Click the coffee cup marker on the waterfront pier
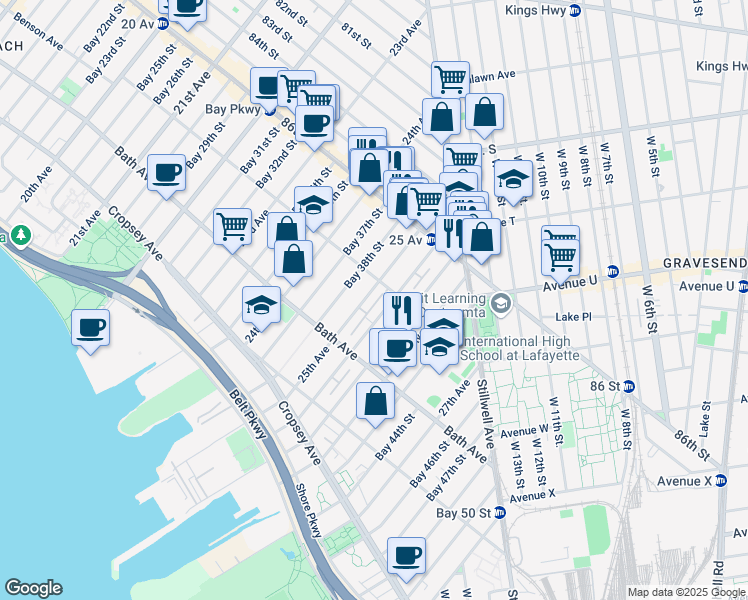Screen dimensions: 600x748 pos(91,328)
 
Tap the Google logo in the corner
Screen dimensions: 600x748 pos(33,588)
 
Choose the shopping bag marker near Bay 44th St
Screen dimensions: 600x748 pos(375,401)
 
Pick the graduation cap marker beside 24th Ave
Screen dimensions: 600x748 pos(261,304)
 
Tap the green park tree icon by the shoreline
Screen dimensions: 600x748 pos(20,237)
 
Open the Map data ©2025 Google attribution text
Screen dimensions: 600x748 pos(684,592)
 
